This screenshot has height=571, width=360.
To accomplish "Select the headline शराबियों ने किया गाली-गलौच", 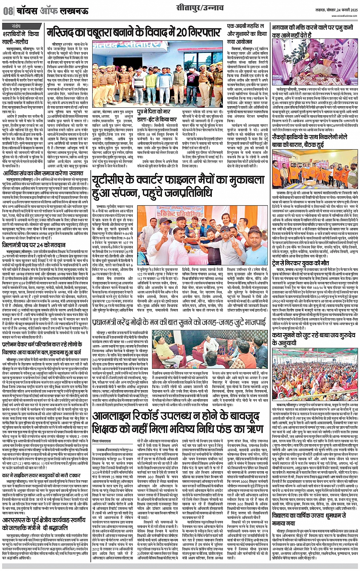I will click(22, 40).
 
